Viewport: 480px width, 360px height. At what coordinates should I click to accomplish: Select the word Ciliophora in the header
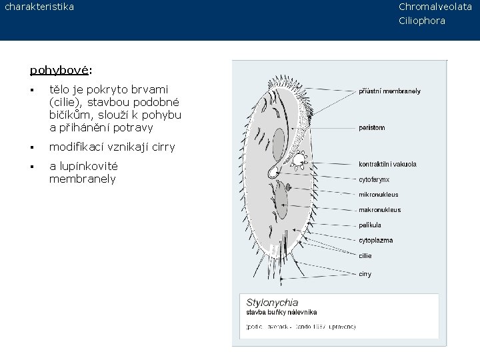coord(422,21)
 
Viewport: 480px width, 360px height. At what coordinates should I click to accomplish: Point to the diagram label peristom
coord(372,127)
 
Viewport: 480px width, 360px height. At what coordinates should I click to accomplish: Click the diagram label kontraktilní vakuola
coord(387,164)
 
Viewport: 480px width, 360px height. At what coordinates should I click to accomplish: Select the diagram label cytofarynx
coord(374,179)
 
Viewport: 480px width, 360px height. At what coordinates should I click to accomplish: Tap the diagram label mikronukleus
coord(378,195)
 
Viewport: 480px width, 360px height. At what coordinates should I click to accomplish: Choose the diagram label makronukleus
coord(379,210)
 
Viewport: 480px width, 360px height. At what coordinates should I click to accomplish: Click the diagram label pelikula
coord(370,225)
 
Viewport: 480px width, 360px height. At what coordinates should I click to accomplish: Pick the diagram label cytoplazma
coord(375,241)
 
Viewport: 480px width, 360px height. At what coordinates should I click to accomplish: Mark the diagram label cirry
coord(365,274)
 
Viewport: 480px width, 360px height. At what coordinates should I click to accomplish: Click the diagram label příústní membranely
coord(390,91)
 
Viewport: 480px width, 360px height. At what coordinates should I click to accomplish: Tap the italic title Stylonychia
coord(273,302)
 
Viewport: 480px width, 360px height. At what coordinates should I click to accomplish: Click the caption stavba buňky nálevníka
coord(282,312)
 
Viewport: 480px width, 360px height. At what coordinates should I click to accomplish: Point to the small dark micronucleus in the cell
coord(288,188)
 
